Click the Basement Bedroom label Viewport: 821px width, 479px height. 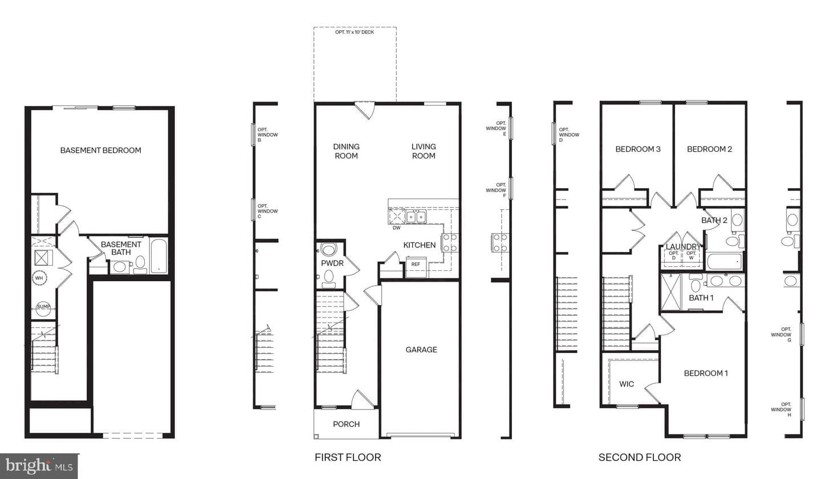click(100, 151)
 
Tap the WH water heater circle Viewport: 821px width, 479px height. click(39, 278)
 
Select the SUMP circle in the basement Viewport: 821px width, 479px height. click(43, 307)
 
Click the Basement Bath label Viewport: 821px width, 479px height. click(121, 248)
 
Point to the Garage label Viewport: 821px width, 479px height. click(421, 350)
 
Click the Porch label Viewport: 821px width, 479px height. click(346, 424)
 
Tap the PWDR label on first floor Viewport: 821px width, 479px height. click(332, 263)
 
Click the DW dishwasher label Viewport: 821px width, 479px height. click(397, 228)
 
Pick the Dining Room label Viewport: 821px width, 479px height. click(346, 151)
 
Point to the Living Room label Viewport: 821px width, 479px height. click(424, 151)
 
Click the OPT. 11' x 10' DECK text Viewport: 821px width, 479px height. click(355, 33)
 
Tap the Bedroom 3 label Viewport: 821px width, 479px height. click(638, 149)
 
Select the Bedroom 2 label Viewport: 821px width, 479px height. click(709, 149)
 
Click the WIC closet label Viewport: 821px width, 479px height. click(627, 384)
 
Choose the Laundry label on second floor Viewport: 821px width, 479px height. click(683, 247)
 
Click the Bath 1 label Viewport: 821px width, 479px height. click(701, 298)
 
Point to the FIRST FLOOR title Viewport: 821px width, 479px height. click(348, 457)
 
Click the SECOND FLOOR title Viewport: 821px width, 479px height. click(640, 457)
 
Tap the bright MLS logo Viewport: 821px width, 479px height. click(39, 466)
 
